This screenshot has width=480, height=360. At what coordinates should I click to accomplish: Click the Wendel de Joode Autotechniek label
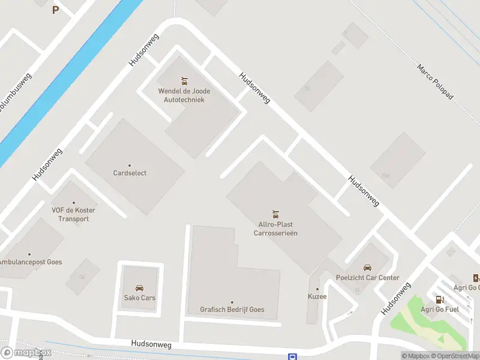click(x=184, y=95)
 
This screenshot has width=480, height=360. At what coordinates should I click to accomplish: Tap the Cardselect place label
click(x=130, y=173)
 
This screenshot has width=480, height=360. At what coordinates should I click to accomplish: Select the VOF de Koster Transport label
click(x=74, y=214)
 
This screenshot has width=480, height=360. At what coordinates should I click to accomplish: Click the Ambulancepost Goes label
click(x=30, y=262)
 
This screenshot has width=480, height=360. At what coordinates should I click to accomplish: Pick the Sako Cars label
click(x=140, y=298)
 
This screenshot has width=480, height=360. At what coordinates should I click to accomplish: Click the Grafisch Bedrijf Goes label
click(x=232, y=310)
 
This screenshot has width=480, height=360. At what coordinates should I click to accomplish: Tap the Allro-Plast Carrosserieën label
click(x=275, y=229)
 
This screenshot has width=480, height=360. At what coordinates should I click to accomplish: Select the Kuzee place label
click(x=317, y=297)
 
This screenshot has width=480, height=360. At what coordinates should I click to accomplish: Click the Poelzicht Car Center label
click(x=368, y=278)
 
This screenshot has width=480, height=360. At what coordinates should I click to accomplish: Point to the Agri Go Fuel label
click(x=440, y=310)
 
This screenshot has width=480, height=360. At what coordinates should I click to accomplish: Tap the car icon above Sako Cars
click(x=140, y=288)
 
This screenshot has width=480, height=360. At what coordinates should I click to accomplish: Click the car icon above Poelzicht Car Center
click(x=368, y=268)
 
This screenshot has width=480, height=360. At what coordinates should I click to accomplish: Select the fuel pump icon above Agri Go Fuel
click(x=440, y=299)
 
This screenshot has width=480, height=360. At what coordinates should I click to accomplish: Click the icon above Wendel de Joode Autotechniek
click(x=184, y=81)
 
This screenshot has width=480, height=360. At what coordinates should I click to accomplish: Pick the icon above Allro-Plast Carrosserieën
click(x=275, y=214)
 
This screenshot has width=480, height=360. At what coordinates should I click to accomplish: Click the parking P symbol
click(x=56, y=10)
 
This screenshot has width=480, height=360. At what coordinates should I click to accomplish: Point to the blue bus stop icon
click(x=292, y=357)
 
